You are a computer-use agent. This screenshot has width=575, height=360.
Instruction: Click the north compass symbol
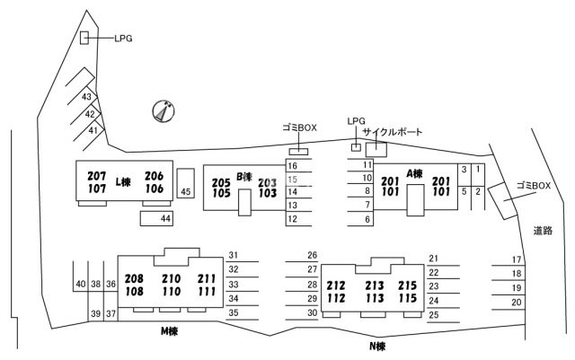[164, 111]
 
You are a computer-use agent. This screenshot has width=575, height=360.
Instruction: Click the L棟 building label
[123, 182]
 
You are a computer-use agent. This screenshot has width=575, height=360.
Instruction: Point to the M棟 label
[170, 331]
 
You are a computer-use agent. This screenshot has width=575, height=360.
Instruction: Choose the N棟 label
[377, 346]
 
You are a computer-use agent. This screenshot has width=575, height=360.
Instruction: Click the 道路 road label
[543, 231]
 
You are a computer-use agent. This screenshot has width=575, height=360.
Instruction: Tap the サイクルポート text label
[393, 132]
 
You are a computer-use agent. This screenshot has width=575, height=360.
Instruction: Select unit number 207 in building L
[97, 176]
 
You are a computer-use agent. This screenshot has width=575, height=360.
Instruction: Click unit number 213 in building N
[375, 285]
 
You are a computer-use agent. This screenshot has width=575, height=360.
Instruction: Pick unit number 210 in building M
[172, 279]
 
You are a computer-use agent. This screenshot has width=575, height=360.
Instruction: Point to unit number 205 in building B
[221, 182]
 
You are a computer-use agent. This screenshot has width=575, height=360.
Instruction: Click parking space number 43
[86, 97]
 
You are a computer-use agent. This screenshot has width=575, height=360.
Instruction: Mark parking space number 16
[292, 166]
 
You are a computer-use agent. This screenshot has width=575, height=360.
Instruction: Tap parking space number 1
[478, 169]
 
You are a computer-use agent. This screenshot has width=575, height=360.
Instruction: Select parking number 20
[517, 303]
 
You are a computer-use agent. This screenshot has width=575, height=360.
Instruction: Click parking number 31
[234, 255]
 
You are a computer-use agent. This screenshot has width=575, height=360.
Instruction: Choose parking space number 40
[81, 284]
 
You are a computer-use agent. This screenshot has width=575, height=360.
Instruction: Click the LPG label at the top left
[123, 38]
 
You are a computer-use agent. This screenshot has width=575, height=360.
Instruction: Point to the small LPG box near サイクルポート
[356, 147]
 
